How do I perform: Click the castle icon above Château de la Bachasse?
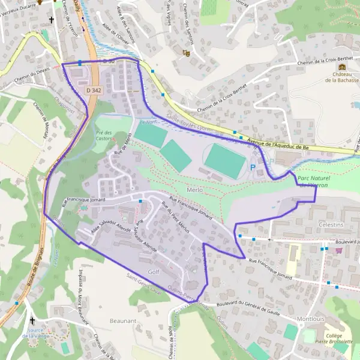(x=342, y=67)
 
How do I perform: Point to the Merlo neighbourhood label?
(x=196, y=190)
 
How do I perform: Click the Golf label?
(x=154, y=272)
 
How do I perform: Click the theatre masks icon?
(x=187, y=53)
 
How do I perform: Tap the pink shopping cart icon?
(x=340, y=250)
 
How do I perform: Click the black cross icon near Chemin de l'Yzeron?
(x=52, y=20)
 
